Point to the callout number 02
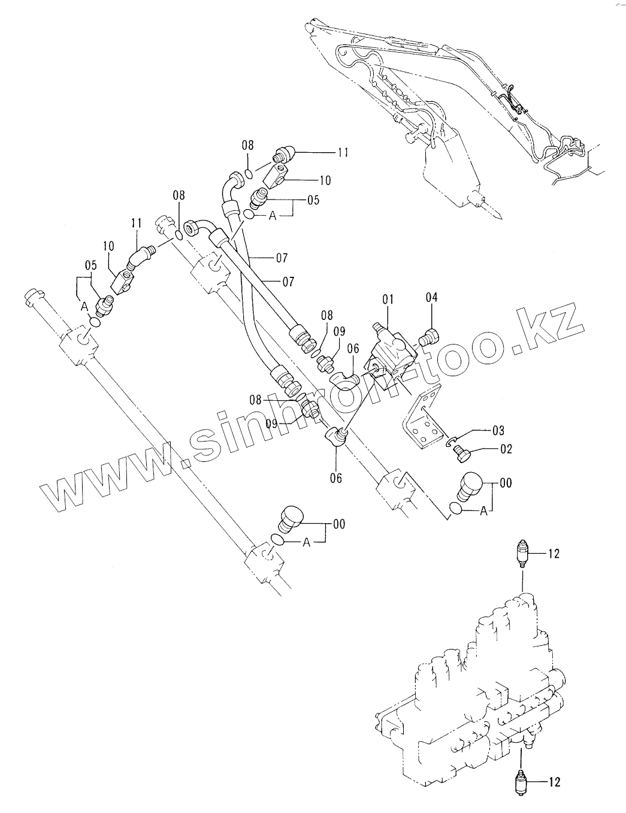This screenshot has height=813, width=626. [506, 449]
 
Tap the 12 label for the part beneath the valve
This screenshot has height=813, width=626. [554, 781]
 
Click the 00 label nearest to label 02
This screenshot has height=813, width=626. [506, 483]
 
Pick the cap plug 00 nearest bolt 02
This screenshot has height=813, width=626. [470, 484]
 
